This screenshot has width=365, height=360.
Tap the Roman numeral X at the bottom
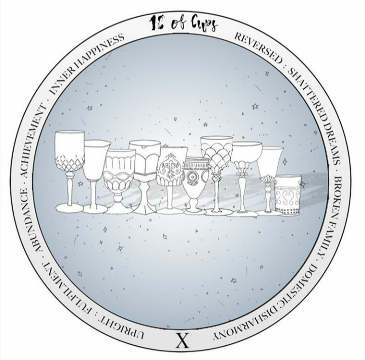coord(182,340)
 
